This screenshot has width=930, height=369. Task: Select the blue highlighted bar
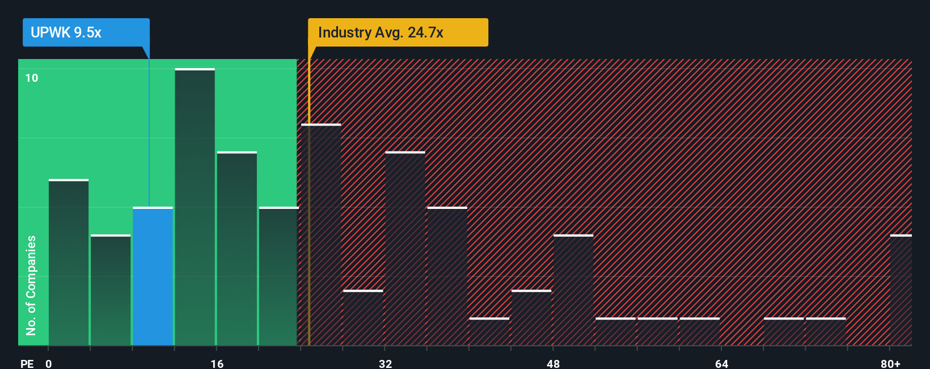tap(153, 276)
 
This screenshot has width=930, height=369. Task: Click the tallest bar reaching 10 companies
tap(195, 207)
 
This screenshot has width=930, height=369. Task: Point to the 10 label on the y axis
tap(32, 78)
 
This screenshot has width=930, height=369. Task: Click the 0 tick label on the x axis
tap(49, 363)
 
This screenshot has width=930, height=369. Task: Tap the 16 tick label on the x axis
tap(217, 363)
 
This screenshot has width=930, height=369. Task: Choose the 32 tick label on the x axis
tap(385, 363)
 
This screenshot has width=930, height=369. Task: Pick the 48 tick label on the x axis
tap(553, 363)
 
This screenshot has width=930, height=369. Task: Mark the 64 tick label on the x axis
tap(721, 363)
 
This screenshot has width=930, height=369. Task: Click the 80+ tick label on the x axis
tap(890, 363)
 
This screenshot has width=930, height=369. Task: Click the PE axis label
tap(27, 363)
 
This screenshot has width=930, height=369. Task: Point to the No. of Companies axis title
tap(31, 285)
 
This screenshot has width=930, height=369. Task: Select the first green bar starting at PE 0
tap(69, 262)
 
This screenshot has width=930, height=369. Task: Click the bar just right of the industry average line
tap(322, 234)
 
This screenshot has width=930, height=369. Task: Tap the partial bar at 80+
tap(901, 290)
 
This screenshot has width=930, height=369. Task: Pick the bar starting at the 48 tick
tap(573, 290)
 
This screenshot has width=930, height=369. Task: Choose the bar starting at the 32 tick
tap(405, 249)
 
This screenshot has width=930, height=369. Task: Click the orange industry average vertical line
tap(309, 199)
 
